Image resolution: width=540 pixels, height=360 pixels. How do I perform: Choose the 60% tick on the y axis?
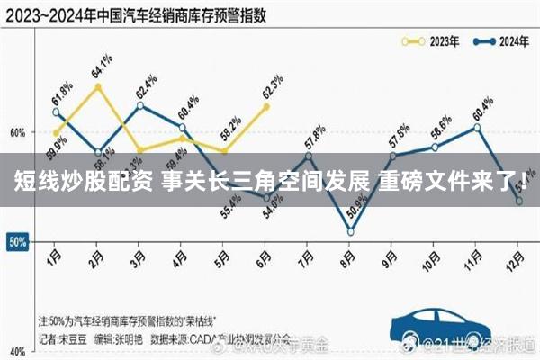click(16, 132)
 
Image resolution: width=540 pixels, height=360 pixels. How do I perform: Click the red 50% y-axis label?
click(16, 241)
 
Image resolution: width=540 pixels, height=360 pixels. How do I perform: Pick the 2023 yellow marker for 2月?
click(97, 87)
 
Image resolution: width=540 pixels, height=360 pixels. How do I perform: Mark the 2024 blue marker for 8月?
click(350, 232)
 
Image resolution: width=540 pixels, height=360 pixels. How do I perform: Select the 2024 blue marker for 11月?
click(477, 127)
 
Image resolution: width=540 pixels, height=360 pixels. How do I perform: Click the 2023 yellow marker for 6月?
click(266, 107)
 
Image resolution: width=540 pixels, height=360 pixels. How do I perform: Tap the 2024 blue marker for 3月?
click(139, 106)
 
